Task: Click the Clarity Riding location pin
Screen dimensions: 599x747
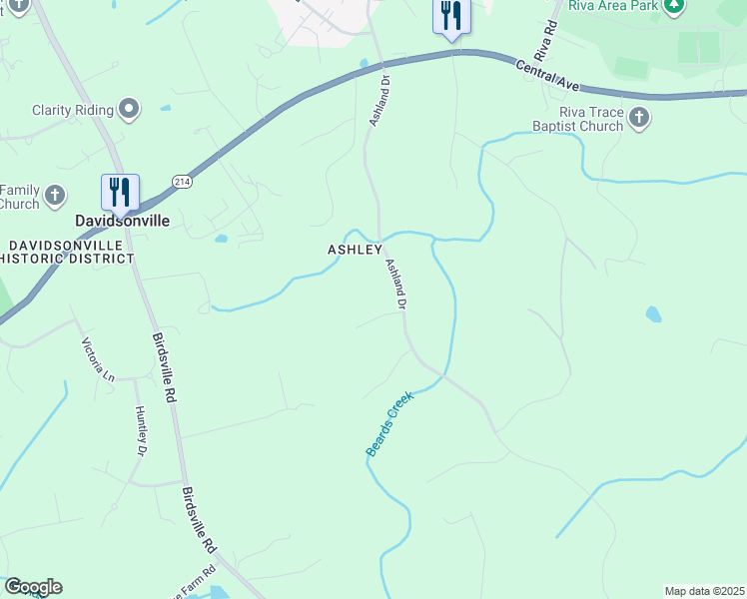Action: pos(128,110)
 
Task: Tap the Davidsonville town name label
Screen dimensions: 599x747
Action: pos(121,221)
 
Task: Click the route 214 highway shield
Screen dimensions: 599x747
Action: pos(181,181)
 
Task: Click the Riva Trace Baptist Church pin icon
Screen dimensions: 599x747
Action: pos(639,120)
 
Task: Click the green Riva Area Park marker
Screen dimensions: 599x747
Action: pos(675,6)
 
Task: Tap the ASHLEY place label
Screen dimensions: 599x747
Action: pos(356,249)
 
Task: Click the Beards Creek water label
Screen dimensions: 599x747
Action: pos(389,425)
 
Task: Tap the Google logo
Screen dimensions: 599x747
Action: pos(33,587)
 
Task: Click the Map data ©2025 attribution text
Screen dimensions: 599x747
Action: pos(704,591)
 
